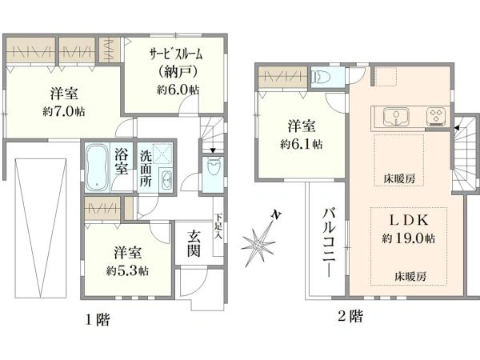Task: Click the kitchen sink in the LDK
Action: point(396,117)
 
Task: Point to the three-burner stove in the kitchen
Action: point(437,117)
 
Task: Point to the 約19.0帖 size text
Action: point(408,238)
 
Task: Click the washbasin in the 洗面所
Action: point(166,179)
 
